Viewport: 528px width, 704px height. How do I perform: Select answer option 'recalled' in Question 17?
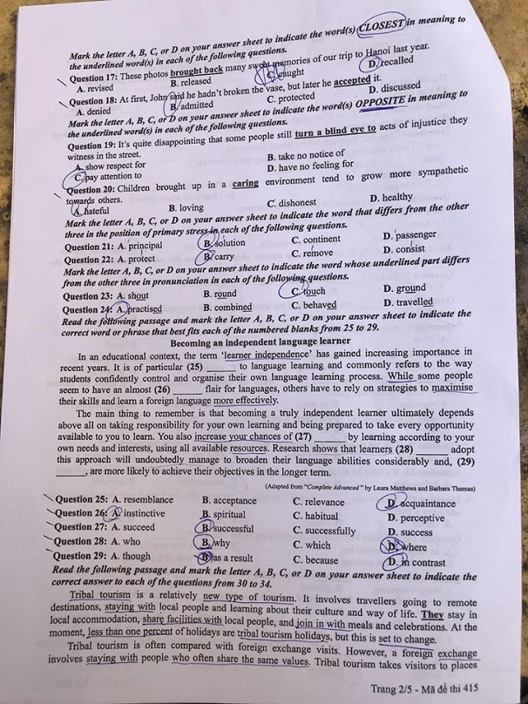coord(389,62)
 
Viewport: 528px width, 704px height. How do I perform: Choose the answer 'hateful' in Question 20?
coord(91,210)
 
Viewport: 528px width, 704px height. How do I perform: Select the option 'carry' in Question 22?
coord(223,257)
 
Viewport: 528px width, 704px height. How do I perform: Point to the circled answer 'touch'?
coord(312,291)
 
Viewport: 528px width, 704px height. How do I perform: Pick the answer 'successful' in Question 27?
coord(232,528)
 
